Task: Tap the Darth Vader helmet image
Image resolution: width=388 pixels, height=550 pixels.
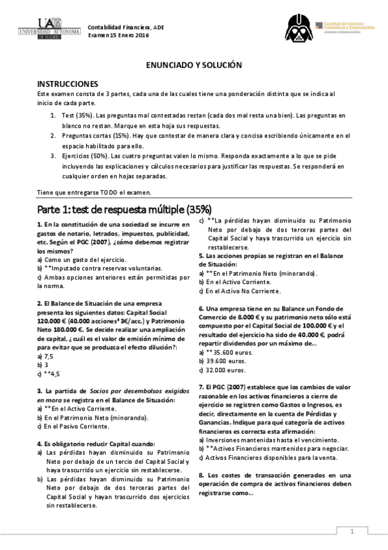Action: pyautogui.click(x=299, y=29)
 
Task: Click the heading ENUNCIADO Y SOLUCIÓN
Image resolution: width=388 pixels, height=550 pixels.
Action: pyautogui.click(x=194, y=66)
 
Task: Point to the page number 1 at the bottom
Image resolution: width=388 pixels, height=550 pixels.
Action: pyautogui.click(x=353, y=532)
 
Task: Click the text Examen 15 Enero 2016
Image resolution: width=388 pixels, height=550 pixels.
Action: pyautogui.click(x=119, y=35)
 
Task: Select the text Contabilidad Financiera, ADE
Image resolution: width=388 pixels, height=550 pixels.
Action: pyautogui.click(x=127, y=27)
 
